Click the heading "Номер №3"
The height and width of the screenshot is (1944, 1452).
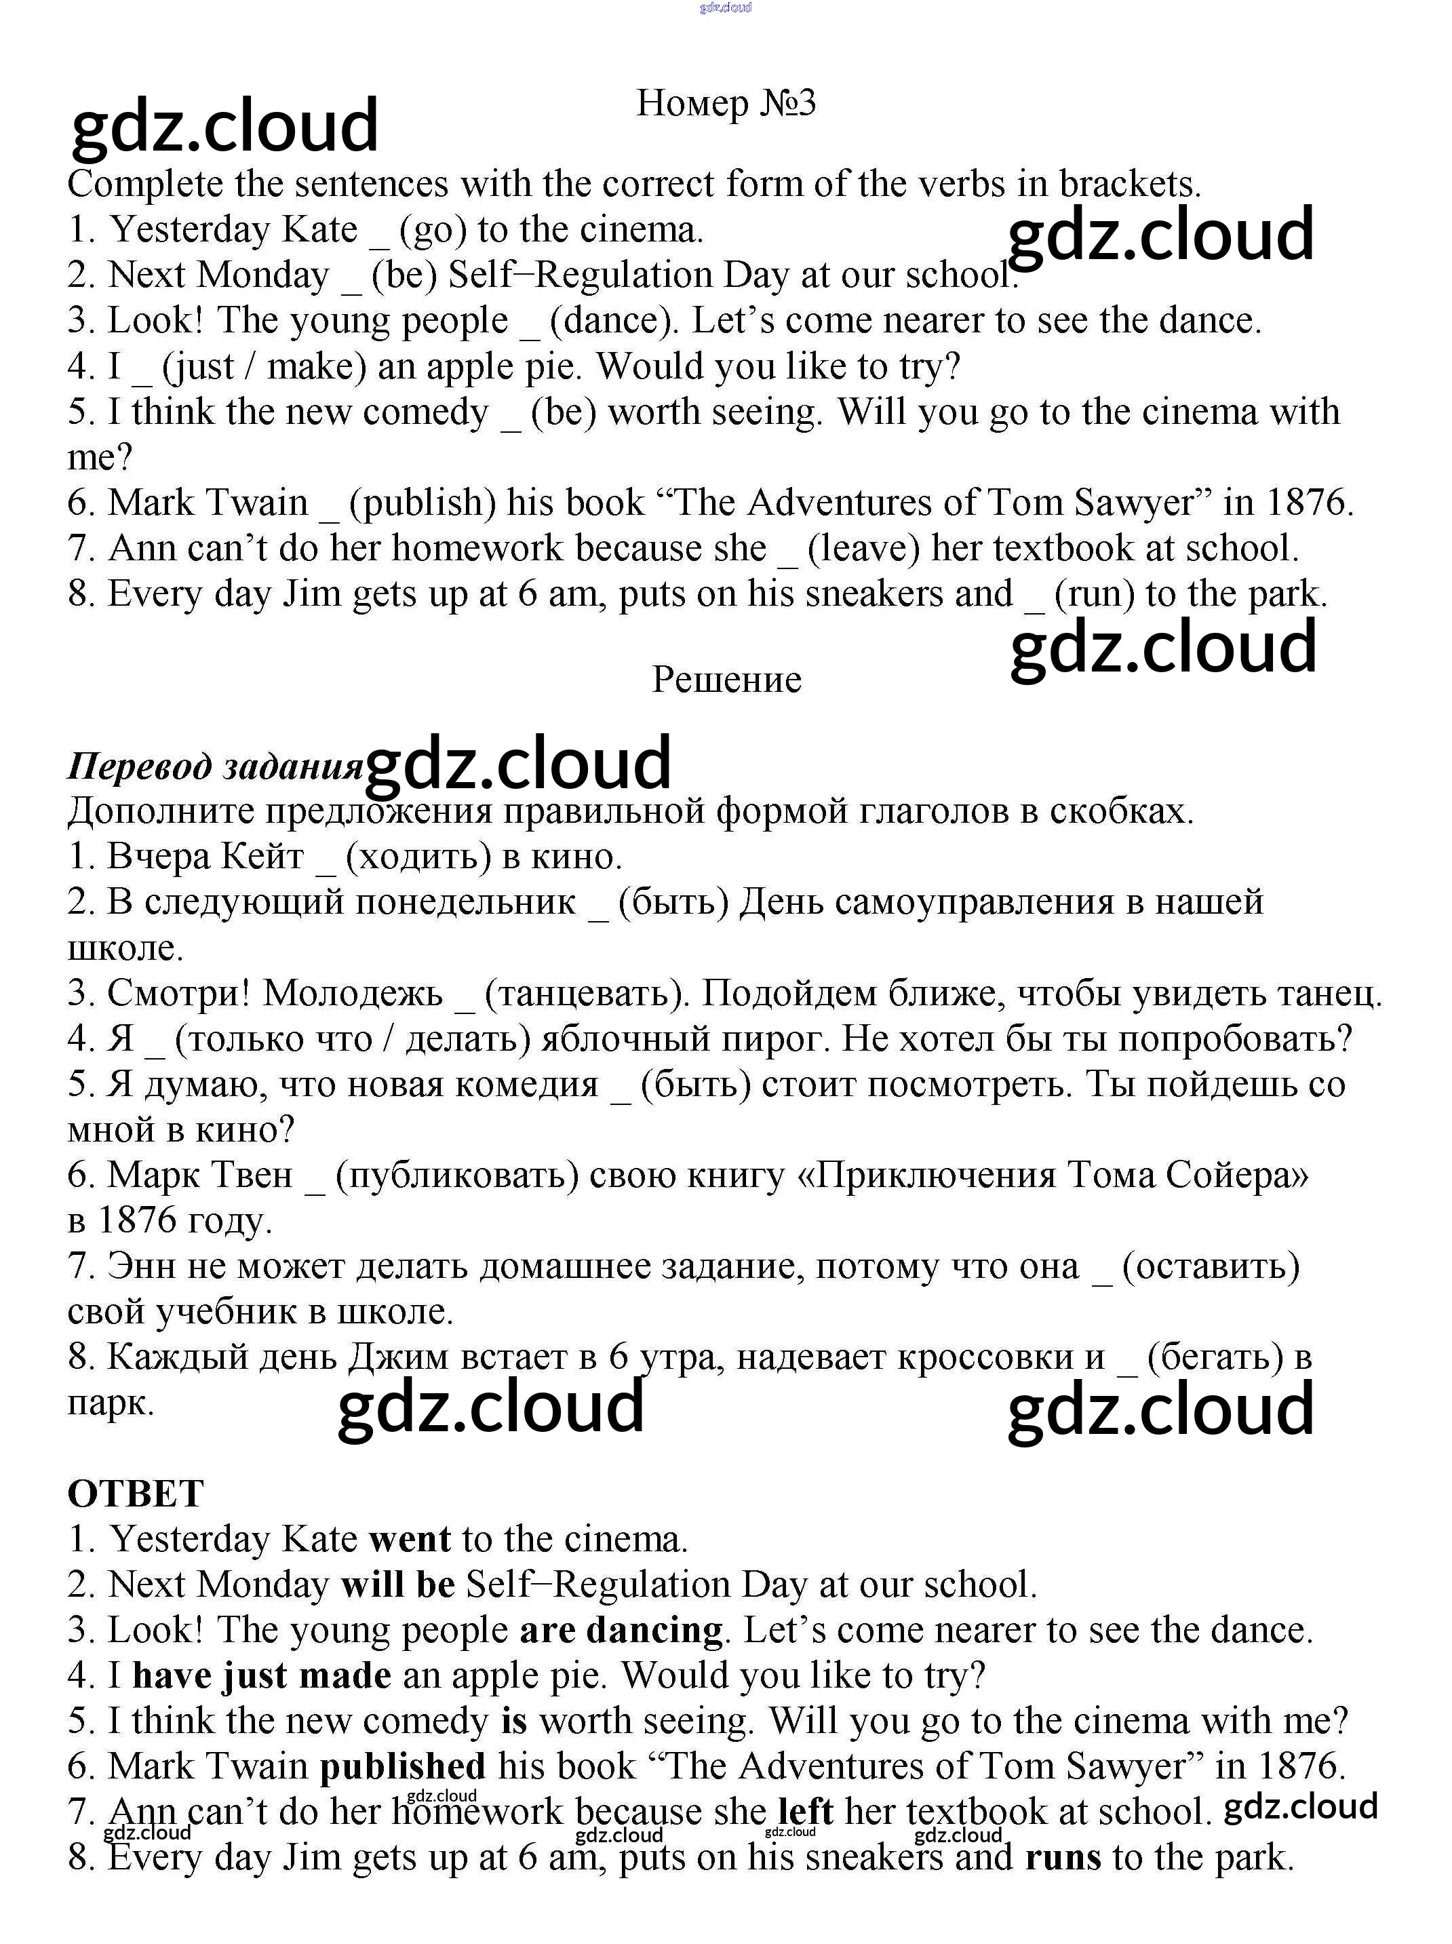pyautogui.click(x=726, y=104)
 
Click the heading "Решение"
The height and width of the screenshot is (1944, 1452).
pyautogui.click(x=726, y=680)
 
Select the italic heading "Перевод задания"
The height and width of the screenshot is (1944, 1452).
pyautogui.click(x=216, y=766)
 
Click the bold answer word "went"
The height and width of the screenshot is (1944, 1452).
pyautogui.click(x=410, y=1540)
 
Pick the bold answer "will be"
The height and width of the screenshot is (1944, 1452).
pyautogui.click(x=398, y=1585)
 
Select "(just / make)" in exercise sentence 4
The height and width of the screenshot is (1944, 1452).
pyautogui.click(x=264, y=366)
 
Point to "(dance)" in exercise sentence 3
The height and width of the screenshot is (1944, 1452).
pyautogui.click(x=614, y=321)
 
